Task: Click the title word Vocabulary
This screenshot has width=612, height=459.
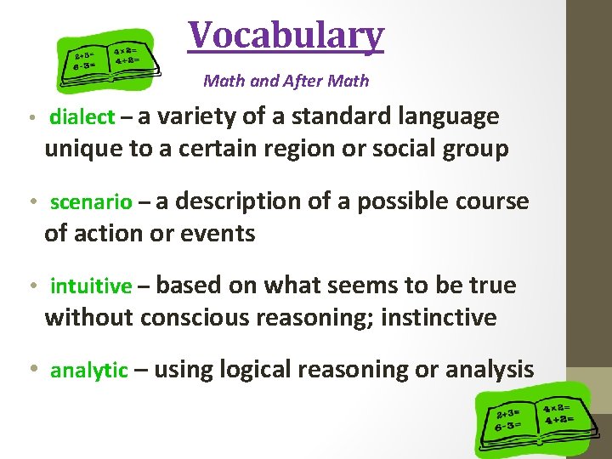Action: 286,36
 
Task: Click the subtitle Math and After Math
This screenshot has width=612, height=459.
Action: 286,82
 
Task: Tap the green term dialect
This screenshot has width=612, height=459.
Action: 82,117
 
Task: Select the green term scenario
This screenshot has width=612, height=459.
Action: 91,202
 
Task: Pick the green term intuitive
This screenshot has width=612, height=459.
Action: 91,286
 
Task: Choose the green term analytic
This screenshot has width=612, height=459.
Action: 89,371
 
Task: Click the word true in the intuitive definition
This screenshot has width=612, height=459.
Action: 492,286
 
